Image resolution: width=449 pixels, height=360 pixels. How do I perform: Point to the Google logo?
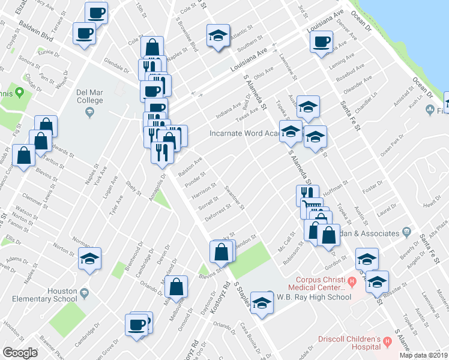[x=20, y=353]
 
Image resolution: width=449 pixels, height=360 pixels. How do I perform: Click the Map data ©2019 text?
[x=423, y=355]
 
